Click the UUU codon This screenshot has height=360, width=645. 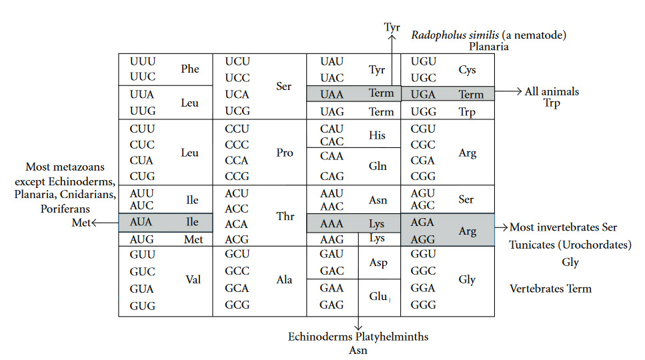[143, 61]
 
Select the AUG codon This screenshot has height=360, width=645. [143, 239]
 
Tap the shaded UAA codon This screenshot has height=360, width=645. [332, 94]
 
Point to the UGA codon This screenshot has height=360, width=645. [424, 94]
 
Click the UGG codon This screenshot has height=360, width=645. [424, 112]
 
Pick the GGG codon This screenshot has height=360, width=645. [424, 305]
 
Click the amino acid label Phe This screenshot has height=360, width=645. [190, 69]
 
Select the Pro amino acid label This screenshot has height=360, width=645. [285, 153]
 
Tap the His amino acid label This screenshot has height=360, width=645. [377, 136]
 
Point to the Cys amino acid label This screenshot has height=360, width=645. [468, 69]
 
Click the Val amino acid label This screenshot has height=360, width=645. [193, 280]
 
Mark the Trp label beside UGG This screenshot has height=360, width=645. [468, 112]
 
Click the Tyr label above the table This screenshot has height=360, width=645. [392, 27]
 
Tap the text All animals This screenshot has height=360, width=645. [552, 91]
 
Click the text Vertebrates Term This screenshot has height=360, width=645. [550, 289]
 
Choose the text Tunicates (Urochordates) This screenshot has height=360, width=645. [570, 245]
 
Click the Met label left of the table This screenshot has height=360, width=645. [81, 223]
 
